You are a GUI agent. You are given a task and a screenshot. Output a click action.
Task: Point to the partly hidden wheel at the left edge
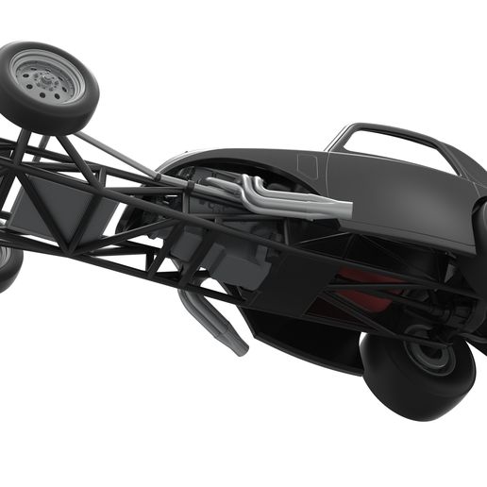coord(8,264)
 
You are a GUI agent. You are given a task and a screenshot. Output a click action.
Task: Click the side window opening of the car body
coord(396,148)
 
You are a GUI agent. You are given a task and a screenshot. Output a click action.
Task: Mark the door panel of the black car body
coord(396,198)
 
